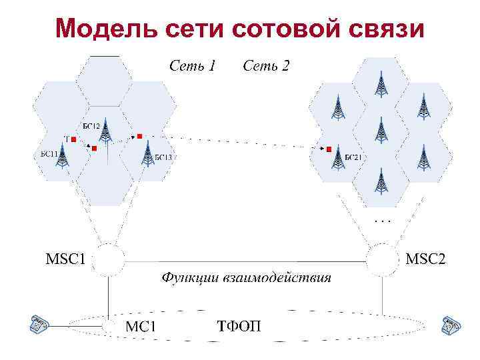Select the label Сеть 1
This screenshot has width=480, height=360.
pos(193,66)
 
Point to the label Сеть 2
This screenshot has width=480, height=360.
pos(266,66)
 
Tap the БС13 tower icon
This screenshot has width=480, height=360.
pos(147,155)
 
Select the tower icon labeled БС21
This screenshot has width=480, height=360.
pos(336,159)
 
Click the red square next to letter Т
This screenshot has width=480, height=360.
pos(74,139)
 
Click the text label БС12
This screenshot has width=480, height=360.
pos(91,126)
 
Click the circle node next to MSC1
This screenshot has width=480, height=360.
pos(109,259)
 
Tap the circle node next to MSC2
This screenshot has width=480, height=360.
pos(382,259)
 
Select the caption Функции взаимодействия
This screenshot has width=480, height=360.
pos(246,277)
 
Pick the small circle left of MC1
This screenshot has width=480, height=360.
pos(109,327)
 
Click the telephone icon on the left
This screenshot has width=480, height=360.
pos(39,325)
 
